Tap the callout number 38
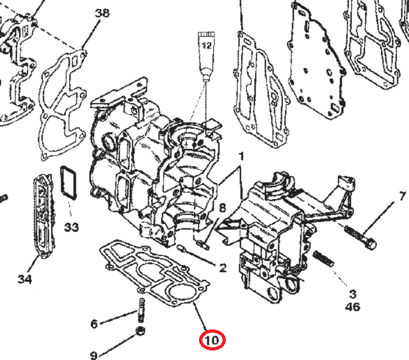[x=101, y=13]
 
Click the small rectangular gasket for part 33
[x=66, y=182]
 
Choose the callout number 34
[x=25, y=279]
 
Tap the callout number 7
[x=401, y=197]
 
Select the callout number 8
[x=222, y=208]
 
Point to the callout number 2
[x=222, y=268]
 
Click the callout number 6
[x=94, y=324]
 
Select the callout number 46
[x=352, y=307]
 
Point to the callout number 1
[x=241, y=156]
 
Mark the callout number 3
[x=352, y=294]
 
